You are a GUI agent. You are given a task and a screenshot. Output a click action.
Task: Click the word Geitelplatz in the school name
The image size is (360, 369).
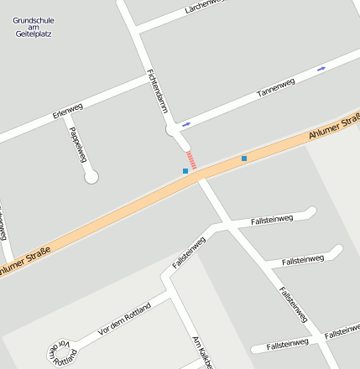34,34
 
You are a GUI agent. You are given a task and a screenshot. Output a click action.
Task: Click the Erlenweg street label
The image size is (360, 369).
67,110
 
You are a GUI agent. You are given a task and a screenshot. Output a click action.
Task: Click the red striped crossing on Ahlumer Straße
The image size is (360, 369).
191,160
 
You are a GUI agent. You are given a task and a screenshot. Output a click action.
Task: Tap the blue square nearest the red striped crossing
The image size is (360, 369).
185,171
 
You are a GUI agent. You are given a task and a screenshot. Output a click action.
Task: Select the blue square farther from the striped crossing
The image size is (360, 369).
244,158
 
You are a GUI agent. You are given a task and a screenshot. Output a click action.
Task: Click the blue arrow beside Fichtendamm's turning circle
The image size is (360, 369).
185,124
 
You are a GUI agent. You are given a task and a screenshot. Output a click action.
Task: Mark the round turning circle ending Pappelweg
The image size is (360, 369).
91,177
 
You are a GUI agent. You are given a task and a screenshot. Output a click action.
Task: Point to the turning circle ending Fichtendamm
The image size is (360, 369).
173,130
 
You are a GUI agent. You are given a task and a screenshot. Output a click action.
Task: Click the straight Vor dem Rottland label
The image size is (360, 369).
124,320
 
